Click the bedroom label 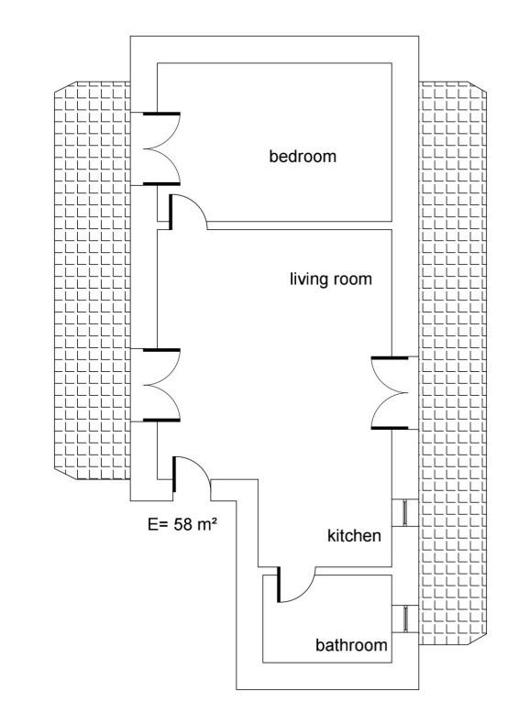303,156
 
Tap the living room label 331,279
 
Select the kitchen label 354,536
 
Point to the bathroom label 351,645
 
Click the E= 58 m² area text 182,524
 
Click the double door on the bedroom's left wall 161,148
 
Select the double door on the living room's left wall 161,385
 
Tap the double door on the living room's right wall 390,393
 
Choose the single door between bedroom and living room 188,212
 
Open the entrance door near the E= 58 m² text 192,475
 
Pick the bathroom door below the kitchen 296,585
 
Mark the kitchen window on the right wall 405,513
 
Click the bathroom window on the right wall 405,619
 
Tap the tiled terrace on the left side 93,280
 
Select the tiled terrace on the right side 453,363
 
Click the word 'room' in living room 353,279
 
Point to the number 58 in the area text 183,525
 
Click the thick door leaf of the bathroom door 278,585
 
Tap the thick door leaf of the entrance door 174,475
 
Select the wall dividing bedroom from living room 300,225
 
